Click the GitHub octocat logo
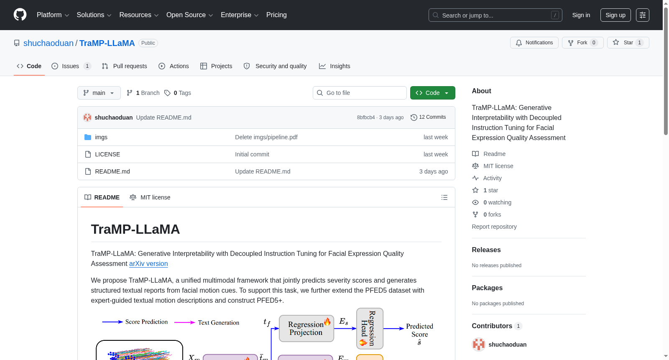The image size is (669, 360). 20,15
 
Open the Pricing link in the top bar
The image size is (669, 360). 276,15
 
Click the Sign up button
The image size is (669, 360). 615,15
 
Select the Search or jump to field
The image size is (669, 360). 495,15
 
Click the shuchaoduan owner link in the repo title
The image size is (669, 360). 49,43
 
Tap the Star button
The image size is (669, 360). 628,43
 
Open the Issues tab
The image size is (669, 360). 71,66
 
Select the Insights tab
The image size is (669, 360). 334,66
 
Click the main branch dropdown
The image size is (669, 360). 99,93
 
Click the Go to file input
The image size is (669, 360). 360,93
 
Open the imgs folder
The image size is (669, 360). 101,137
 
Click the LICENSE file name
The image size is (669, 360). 107,154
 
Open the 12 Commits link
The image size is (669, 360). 428,117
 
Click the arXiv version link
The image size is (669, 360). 148,263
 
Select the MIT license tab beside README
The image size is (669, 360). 150,197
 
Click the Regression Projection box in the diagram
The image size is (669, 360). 306,328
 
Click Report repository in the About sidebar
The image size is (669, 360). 494,227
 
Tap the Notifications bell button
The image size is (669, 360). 534,43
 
